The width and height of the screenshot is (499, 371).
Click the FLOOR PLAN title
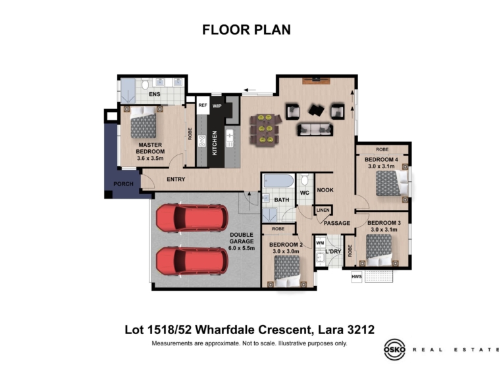[x=247, y=30]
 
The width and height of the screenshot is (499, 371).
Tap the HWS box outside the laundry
[x=356, y=276]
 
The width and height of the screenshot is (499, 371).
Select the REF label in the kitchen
[x=203, y=105]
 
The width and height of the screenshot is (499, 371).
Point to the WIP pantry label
[x=217, y=106]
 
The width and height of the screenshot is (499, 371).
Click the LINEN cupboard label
[x=323, y=210]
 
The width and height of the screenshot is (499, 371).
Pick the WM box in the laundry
[x=320, y=243]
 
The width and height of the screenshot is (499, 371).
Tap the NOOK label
[x=325, y=190]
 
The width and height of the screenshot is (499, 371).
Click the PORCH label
[x=124, y=184]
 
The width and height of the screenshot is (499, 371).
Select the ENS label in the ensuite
[x=155, y=94]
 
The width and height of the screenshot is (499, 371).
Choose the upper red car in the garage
[x=192, y=218]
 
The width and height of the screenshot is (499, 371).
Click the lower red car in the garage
[x=192, y=260]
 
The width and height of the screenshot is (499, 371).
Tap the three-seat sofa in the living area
[x=315, y=130]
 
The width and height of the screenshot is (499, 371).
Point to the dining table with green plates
[x=265, y=129]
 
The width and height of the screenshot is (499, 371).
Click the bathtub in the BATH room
[x=278, y=181]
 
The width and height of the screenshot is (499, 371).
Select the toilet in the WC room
[x=305, y=180]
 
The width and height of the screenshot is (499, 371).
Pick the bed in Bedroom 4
[x=392, y=183]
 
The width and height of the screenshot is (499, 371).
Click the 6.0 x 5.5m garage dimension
[x=242, y=248]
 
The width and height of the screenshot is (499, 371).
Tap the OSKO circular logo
[x=394, y=350]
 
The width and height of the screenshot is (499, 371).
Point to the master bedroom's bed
[x=144, y=122]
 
